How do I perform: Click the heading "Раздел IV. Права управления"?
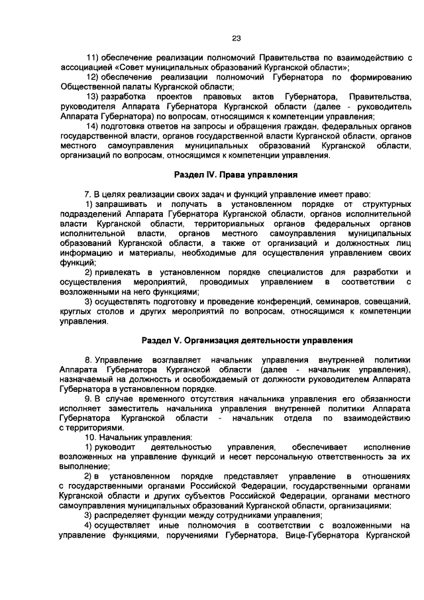click(235, 175)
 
